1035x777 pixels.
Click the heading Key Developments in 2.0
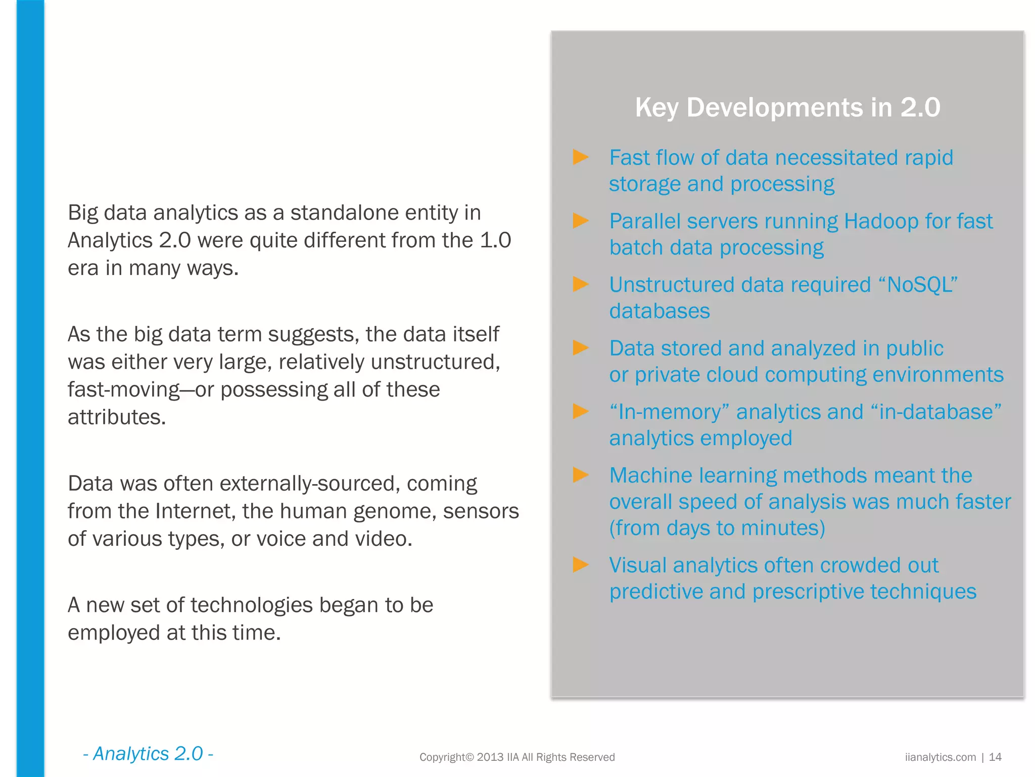[x=787, y=108]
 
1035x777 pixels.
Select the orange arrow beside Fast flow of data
[x=581, y=157]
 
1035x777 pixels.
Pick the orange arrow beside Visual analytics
[x=581, y=565]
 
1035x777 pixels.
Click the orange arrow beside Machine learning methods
[x=581, y=475]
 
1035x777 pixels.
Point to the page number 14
[x=995, y=757]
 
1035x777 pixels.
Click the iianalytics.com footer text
[x=940, y=757]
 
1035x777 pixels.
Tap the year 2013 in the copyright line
[x=490, y=757]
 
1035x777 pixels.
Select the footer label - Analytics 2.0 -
[x=148, y=754]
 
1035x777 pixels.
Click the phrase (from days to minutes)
[x=717, y=528]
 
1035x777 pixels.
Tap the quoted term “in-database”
[x=936, y=412]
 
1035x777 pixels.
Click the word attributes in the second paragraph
[x=117, y=417]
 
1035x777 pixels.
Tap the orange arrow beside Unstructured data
[x=581, y=284]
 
